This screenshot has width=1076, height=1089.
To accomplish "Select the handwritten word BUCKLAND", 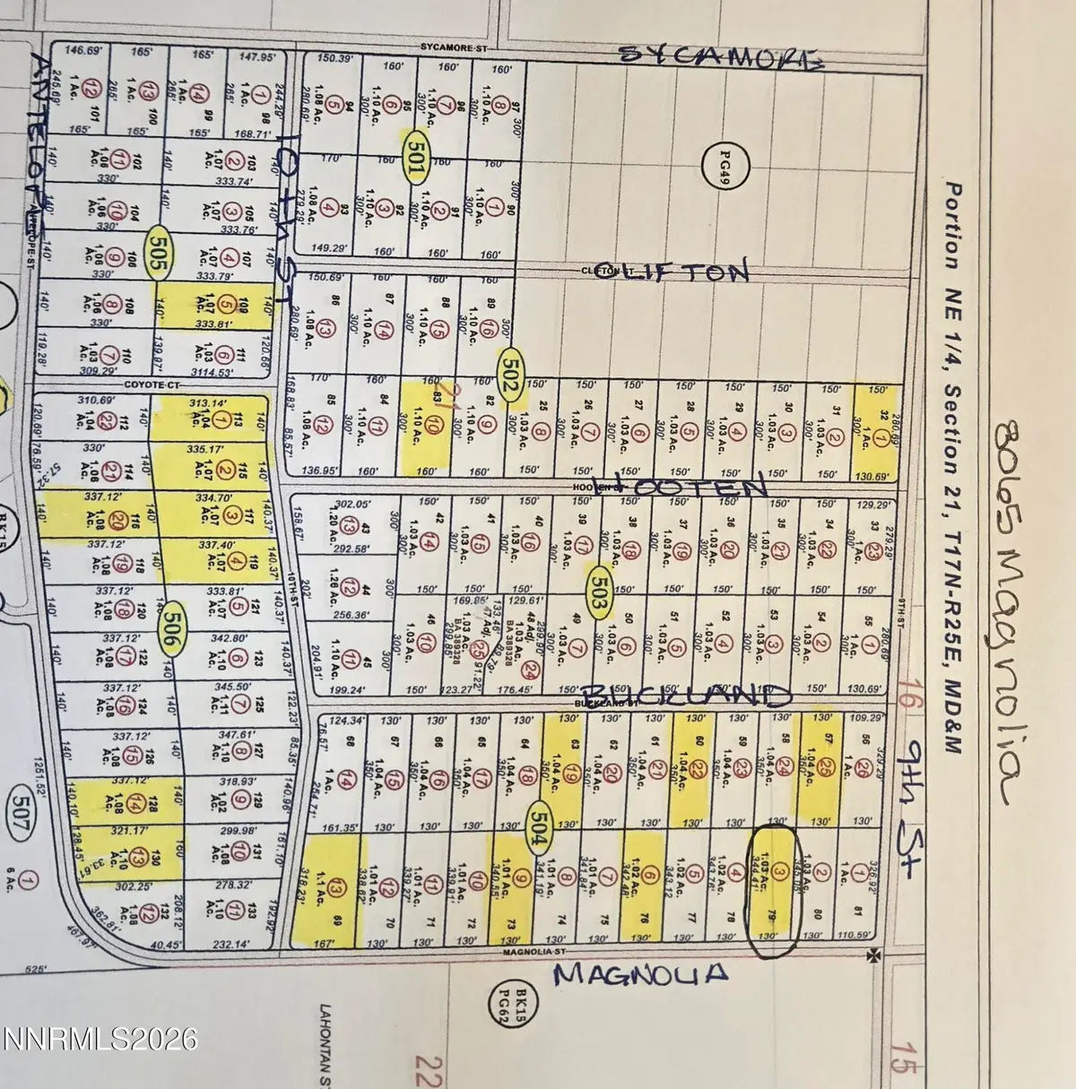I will tap(687, 696).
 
